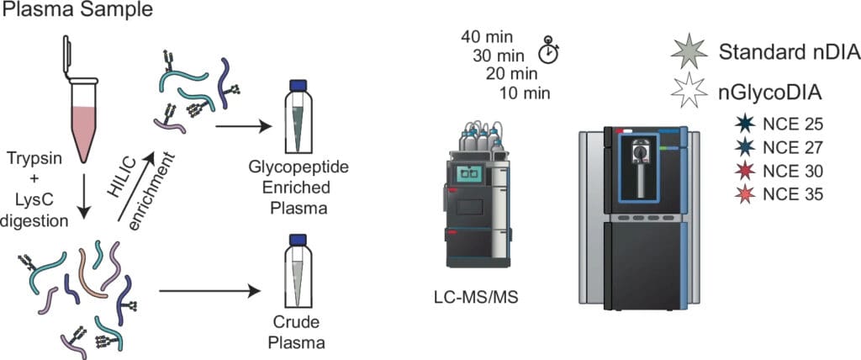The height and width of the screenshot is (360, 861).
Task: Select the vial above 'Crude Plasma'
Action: pos(295,273)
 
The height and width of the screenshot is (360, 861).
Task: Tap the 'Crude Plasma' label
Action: pos(297,333)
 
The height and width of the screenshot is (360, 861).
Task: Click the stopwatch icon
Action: pos(548,50)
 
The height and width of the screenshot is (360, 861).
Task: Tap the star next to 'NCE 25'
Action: pos(742,124)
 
